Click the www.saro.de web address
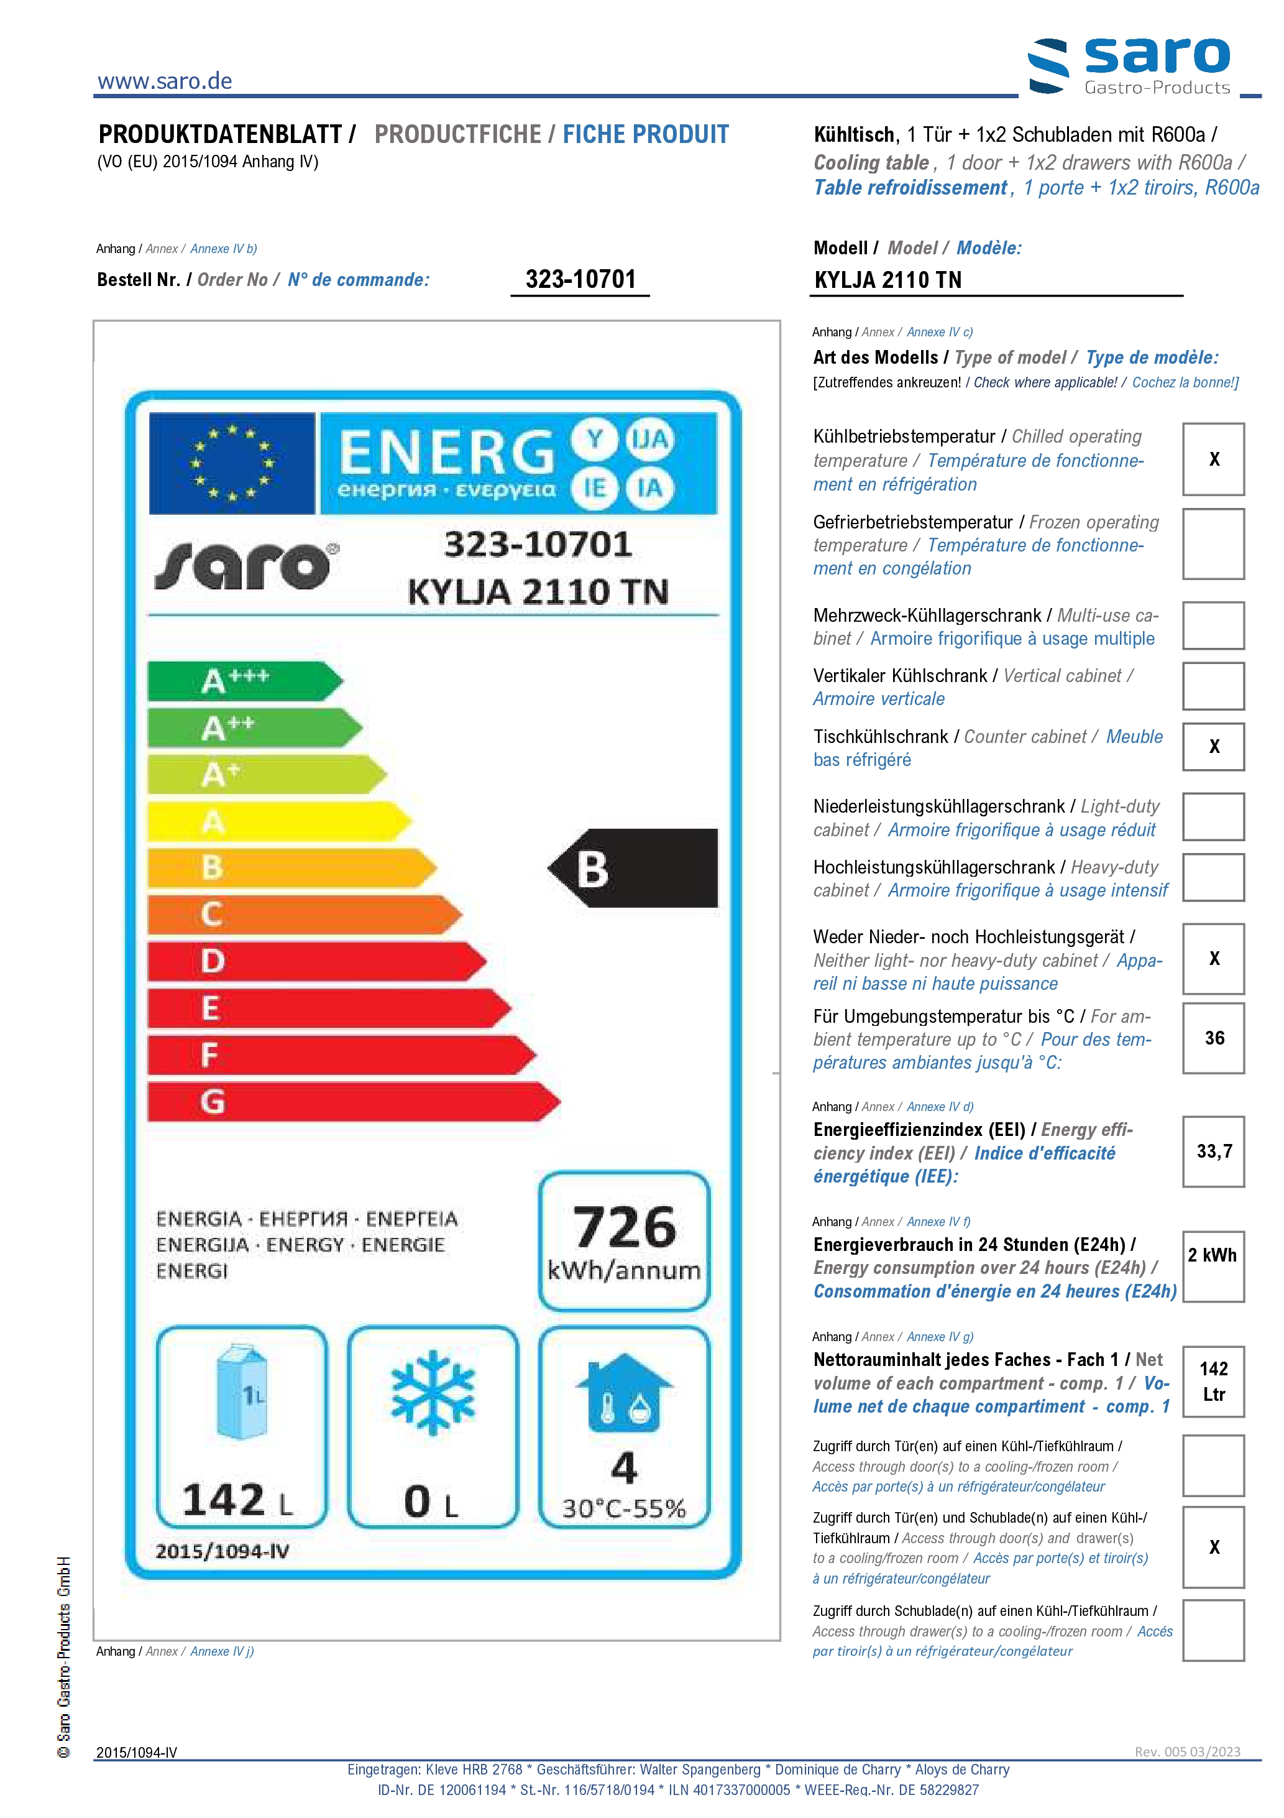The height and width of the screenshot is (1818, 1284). pos(165,81)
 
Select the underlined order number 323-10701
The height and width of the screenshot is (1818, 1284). pos(580,280)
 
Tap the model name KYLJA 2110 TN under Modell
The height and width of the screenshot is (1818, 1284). pos(887,280)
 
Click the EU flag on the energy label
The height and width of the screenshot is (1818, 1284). pos(232,463)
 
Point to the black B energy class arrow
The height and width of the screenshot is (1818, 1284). pos(633,868)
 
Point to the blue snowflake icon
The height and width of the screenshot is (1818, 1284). pos(433,1393)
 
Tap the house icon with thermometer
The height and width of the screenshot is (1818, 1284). pos(624,1393)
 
